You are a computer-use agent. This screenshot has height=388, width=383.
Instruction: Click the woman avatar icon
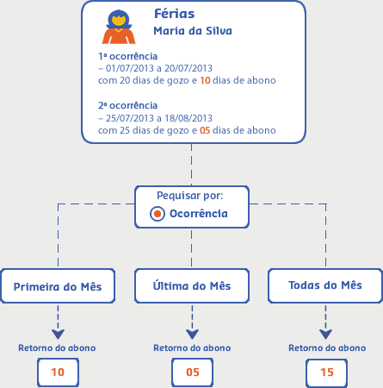(119, 27)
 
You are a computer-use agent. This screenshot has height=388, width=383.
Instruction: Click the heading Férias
(175, 14)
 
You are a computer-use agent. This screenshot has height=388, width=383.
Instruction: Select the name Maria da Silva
(193, 31)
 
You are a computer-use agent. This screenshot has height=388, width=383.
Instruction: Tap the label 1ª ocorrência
(128, 56)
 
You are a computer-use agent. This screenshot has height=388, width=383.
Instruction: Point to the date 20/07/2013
(188, 68)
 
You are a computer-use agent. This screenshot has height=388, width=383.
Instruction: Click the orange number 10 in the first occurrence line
(205, 80)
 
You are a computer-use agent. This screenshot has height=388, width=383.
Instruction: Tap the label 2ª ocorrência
(128, 106)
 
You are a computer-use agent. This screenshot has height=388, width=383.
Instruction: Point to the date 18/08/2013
(188, 118)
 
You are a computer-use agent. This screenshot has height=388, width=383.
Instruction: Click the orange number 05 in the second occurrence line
(205, 130)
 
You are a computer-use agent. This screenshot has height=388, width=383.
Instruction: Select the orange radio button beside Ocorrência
(158, 214)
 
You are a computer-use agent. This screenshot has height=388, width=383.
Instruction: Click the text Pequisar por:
(190, 196)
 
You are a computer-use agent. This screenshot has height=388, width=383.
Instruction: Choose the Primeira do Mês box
(58, 286)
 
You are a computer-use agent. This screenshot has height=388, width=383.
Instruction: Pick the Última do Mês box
(192, 286)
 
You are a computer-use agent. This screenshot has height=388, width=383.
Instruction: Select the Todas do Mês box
(325, 286)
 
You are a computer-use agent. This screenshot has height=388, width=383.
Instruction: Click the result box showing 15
(326, 372)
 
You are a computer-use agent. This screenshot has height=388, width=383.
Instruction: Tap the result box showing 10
(58, 372)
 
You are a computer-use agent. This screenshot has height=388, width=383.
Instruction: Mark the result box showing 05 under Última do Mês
(192, 372)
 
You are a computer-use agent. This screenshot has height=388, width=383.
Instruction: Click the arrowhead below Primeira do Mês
(58, 335)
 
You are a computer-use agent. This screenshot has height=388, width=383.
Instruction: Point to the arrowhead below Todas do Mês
(325, 335)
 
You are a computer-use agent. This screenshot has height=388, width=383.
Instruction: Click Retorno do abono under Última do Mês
(192, 348)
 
